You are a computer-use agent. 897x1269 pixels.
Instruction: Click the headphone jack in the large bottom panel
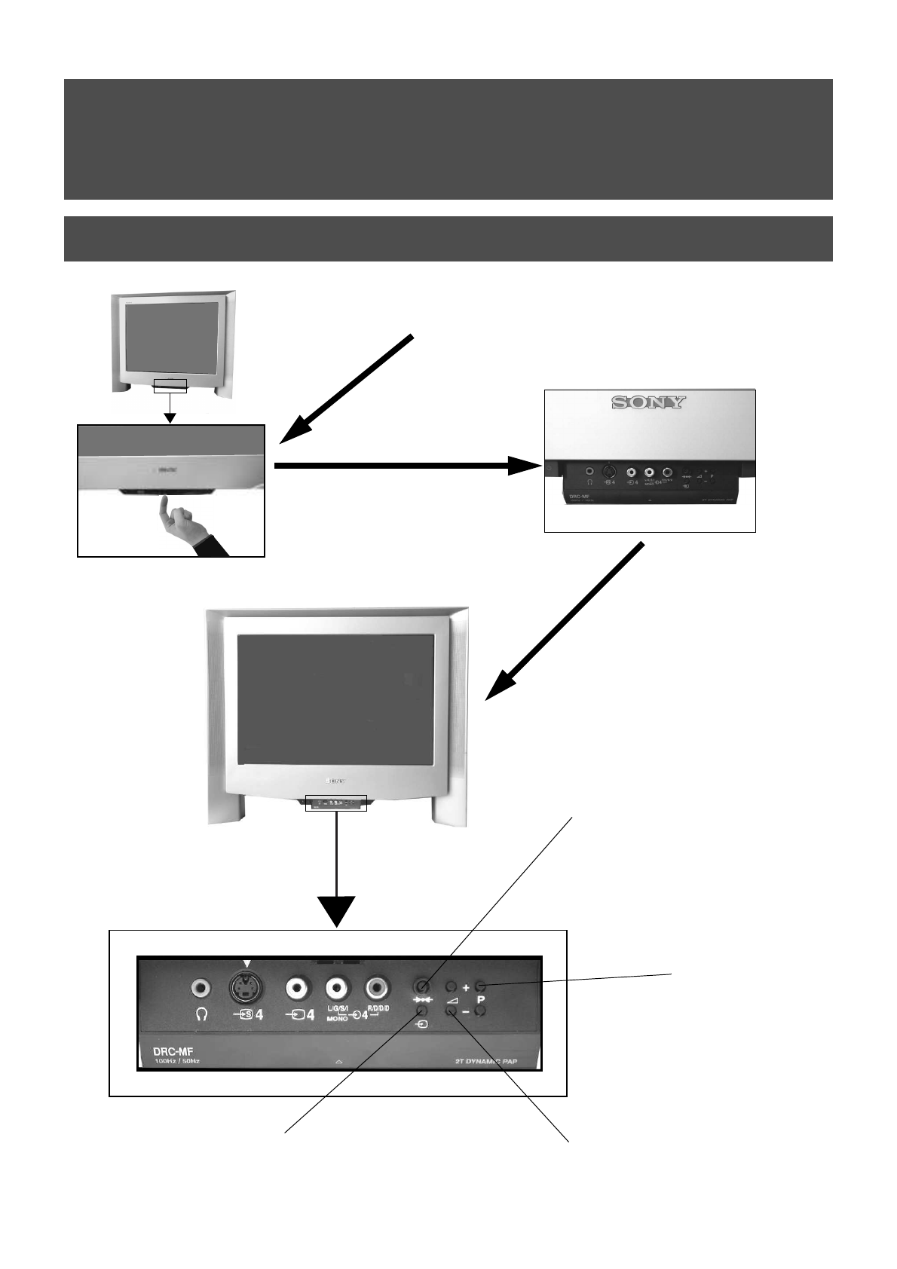pos(200,987)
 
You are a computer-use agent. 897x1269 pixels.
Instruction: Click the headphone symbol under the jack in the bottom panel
pos(201,1014)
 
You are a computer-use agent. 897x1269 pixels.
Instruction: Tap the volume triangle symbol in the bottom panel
pos(452,999)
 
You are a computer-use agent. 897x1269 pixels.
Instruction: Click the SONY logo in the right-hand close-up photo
pos(648,402)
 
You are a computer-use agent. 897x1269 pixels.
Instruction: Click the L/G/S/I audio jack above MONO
pos(336,987)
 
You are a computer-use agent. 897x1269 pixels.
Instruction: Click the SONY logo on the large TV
pos(335,781)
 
